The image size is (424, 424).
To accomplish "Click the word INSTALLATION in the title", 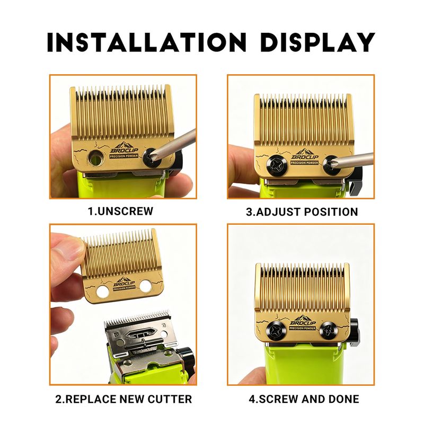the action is point(147,42).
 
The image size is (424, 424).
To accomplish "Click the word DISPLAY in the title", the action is point(318,42).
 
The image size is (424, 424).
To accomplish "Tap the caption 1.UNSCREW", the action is point(121,211).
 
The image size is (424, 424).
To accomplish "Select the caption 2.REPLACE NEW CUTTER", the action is point(123,399).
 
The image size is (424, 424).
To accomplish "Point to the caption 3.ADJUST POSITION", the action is point(302,211).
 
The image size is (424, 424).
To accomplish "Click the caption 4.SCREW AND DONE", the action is point(304,399).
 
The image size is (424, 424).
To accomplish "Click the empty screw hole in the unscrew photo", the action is point(94,156).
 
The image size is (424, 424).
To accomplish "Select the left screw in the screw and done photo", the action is point(276,331).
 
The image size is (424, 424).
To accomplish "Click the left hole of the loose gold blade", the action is point(103,292).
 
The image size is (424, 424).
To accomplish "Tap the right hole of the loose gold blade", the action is point(146,286).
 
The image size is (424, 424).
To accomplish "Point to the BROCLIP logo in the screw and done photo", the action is point(302,322).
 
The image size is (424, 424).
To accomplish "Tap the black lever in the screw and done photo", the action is point(354,332).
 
